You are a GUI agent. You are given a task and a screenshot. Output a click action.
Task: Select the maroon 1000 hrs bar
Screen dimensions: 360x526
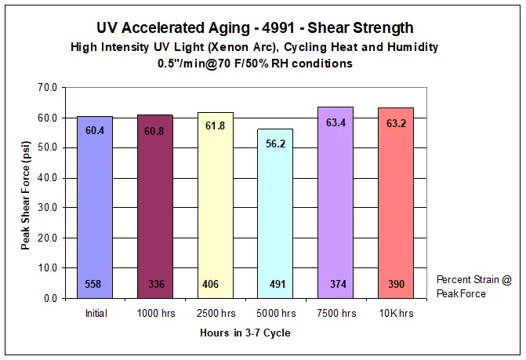pos(154,208)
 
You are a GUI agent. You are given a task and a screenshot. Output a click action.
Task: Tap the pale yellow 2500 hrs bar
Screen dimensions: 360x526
pos(214,208)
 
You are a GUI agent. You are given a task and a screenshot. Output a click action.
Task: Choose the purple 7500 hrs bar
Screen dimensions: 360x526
pos(335,208)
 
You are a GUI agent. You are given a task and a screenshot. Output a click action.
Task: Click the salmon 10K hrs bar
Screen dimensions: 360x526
pos(395,208)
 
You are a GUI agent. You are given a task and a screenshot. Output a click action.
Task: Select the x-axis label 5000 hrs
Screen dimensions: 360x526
pos(274,313)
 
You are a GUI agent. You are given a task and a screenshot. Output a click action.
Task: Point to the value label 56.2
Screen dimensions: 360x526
pos(274,144)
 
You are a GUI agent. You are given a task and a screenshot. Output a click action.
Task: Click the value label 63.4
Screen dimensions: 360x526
pos(335,122)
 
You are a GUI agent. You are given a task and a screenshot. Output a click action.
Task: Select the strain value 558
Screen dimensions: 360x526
pos(93,284)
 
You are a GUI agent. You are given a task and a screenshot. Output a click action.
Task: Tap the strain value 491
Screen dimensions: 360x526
pos(274,284)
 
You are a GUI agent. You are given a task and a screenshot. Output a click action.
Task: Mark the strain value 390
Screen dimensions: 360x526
pos(395,284)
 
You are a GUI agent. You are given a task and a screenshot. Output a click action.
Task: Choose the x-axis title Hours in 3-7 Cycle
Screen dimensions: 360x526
pos(245,333)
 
